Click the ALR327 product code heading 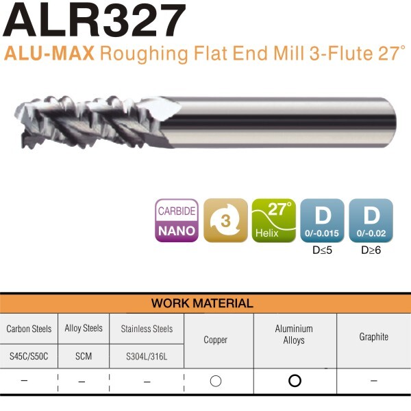tap(95, 21)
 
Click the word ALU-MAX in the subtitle tap(49, 54)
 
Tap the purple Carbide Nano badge tap(177, 220)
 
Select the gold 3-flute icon tap(225, 220)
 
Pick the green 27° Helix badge tap(274, 220)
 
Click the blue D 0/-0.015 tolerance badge tap(322, 220)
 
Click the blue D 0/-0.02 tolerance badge tap(371, 220)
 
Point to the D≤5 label tap(322, 250)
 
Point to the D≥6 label tap(371, 250)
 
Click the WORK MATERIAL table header tap(202, 303)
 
